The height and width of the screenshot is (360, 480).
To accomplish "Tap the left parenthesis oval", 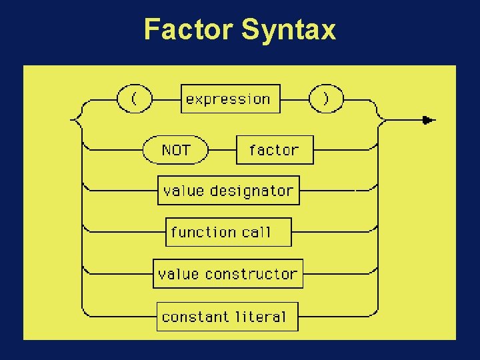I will coord(135,99).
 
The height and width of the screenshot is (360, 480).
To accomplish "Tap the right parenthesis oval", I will coord(326,99).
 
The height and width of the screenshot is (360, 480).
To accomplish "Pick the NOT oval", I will coord(176,149).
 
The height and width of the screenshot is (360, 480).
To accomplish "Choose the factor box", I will coord(275,149).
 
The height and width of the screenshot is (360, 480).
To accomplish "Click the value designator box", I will coord(228,191).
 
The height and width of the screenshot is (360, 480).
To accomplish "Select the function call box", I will coord(228,232).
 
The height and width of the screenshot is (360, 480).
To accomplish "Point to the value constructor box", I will coord(228,274).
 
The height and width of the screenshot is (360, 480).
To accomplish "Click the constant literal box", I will coord(227,316).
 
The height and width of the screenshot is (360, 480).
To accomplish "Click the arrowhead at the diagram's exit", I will coord(429,120).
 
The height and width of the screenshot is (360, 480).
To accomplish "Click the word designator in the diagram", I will coord(252,191).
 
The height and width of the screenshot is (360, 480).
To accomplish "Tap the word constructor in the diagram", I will coord(251,274).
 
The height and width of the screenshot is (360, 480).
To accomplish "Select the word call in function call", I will coord(257,232).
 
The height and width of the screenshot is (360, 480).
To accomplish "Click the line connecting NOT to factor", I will coord(223,149).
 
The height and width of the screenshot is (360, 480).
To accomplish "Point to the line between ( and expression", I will coord(167,99).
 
